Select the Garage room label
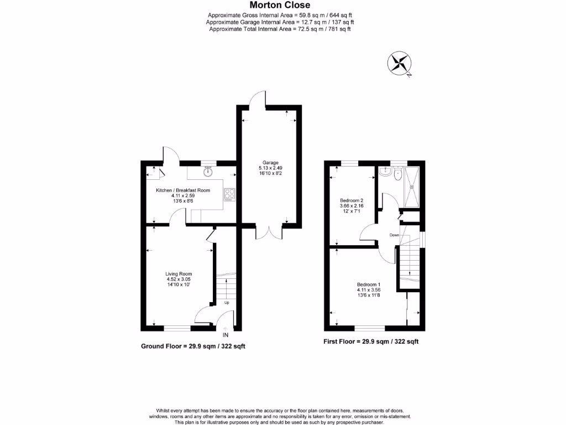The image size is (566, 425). click(270, 162)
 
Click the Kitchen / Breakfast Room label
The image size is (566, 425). click(182, 190)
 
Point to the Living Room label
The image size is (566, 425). click(179, 273)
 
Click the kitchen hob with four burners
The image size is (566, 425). click(229, 194)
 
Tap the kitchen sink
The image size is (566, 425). click(208, 172)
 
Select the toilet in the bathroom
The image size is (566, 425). click(394, 174)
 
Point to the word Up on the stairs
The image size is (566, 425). click(226, 303)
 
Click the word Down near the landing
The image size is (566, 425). click(394, 235)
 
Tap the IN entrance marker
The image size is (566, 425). click(225, 335)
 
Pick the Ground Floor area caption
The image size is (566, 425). click(193, 346)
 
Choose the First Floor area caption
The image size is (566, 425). click(371, 341)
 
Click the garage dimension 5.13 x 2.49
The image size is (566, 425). click(270, 168)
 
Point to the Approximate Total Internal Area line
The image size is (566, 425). click(280, 29)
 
